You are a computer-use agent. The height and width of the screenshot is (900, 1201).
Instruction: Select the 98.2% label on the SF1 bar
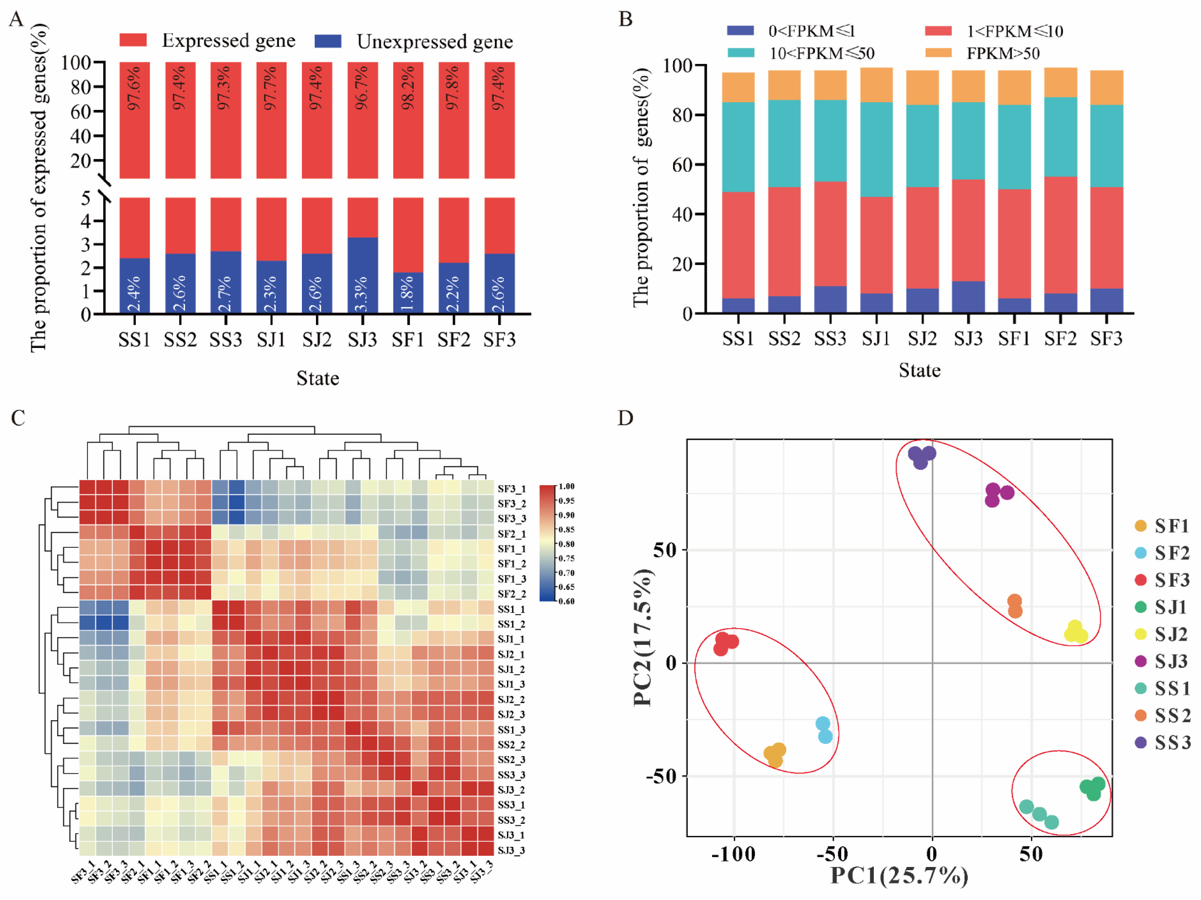[408, 88]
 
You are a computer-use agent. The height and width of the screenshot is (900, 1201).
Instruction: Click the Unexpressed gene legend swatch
[328, 41]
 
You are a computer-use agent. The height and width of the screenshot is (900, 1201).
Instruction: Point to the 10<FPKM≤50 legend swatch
[741, 53]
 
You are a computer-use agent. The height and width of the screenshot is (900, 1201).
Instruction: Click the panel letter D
[626, 418]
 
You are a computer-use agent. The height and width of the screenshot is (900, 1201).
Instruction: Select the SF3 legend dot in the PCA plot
[1141, 580]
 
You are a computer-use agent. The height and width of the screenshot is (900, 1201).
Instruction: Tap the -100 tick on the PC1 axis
[734, 854]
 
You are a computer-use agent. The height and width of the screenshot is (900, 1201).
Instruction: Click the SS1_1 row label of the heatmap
[511, 609]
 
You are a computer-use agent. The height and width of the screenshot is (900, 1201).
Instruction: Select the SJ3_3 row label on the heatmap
[511, 850]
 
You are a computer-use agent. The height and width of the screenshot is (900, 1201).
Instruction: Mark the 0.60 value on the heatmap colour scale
[566, 601]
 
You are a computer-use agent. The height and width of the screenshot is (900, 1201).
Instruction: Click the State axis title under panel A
[318, 378]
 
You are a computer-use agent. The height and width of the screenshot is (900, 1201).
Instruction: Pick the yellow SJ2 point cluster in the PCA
[1075, 632]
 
